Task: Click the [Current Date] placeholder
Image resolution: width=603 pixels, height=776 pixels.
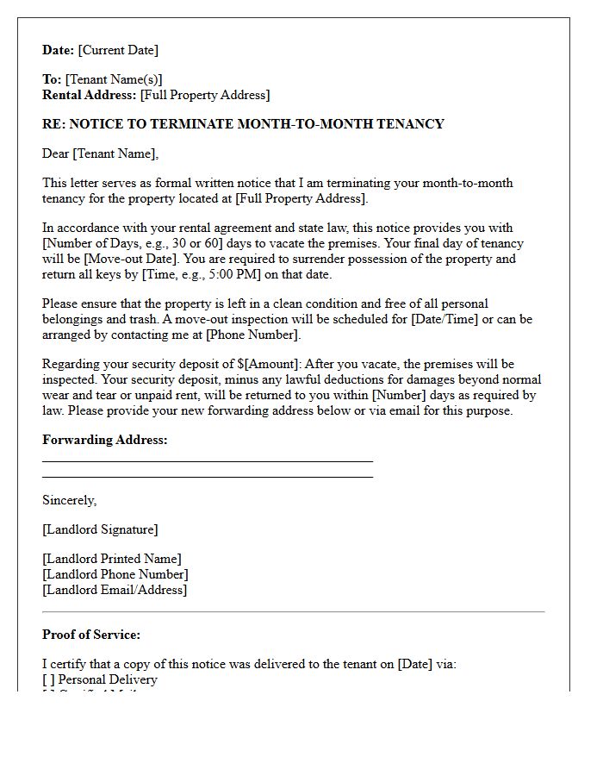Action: point(118,50)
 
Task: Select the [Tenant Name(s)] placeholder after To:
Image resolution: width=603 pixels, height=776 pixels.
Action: point(114,79)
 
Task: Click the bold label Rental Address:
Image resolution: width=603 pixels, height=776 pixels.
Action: point(89,95)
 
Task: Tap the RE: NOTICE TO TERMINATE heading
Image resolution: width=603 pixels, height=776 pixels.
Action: point(243,124)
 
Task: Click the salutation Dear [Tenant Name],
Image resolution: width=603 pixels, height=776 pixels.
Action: point(101,153)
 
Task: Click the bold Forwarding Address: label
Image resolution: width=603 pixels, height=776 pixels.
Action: point(104,440)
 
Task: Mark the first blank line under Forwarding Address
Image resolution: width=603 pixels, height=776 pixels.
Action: point(207,461)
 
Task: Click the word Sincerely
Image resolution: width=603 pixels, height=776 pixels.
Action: point(69,500)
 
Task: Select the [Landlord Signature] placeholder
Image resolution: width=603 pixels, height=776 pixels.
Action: point(100,529)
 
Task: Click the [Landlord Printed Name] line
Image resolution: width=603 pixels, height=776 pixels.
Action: point(112,559)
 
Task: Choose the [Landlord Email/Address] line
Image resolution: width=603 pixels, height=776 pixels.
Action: point(115,590)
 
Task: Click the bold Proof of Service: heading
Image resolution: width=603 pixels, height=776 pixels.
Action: point(91,635)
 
